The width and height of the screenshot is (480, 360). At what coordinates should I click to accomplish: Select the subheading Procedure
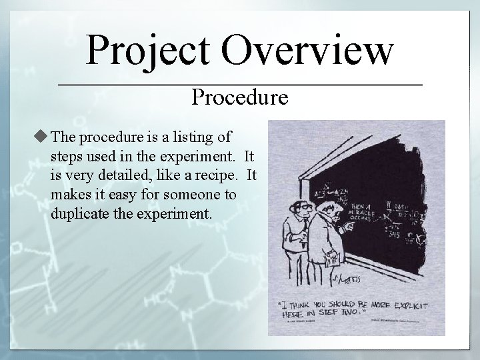240,97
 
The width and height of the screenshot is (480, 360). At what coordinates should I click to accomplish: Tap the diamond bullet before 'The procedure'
43,137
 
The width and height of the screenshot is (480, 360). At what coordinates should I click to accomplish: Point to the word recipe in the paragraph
216,177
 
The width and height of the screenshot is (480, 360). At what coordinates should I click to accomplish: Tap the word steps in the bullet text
65,157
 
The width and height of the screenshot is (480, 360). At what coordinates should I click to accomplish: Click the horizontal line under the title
240,85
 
